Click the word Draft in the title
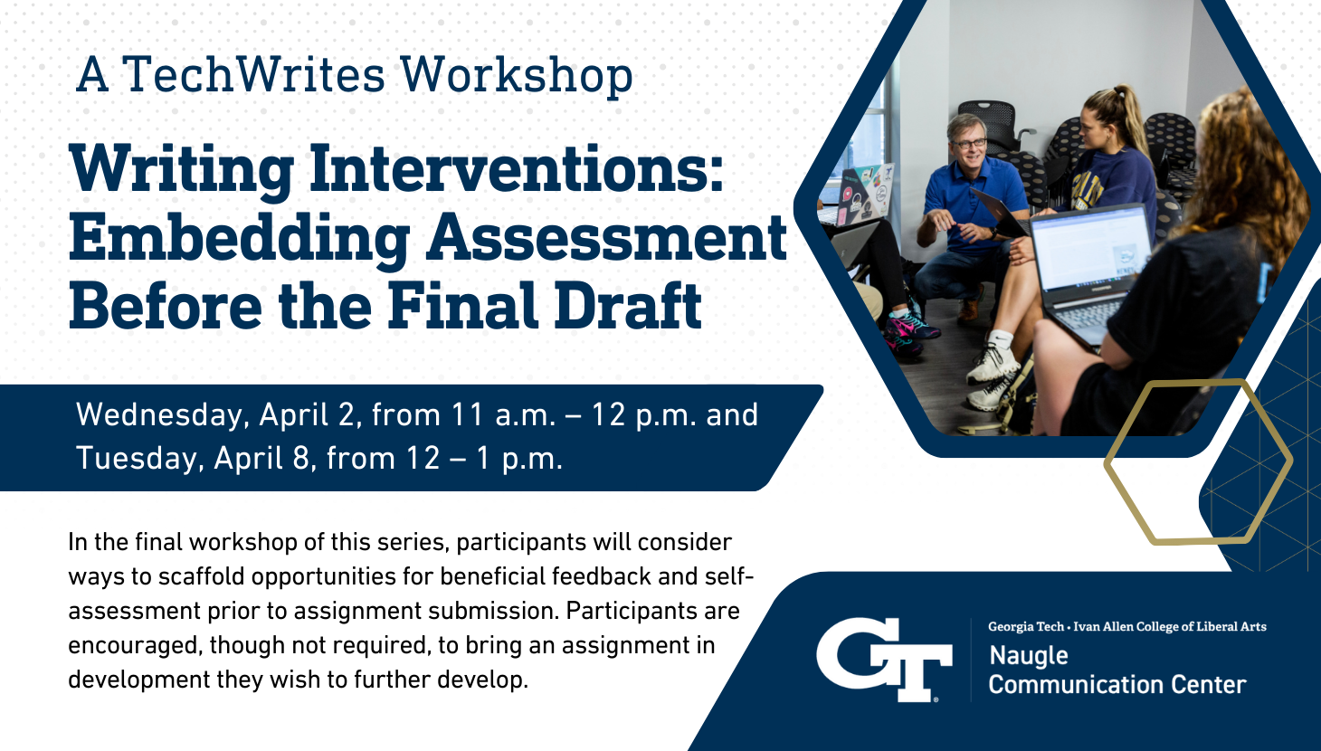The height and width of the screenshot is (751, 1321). click(x=628, y=305)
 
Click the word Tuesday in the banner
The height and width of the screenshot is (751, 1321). click(x=139, y=459)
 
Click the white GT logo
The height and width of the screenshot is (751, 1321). click(x=884, y=659)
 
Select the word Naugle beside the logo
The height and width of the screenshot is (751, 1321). click(x=1029, y=656)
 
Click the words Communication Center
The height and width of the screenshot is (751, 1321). click(x=1117, y=685)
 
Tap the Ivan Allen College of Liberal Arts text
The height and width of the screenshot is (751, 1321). click(x=1169, y=626)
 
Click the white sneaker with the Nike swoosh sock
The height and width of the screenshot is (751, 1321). click(x=994, y=360)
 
